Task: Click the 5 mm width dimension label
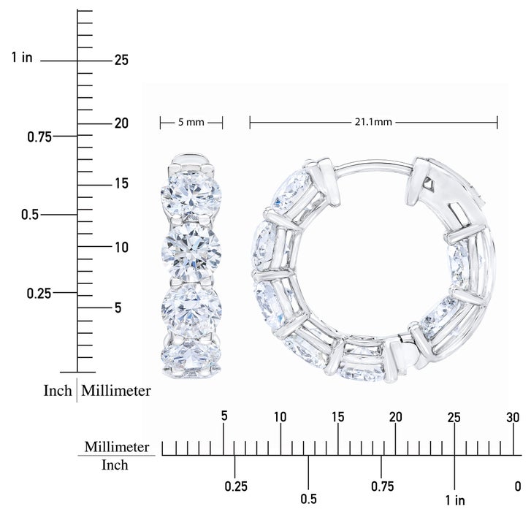[191, 122]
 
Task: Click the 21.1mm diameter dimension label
[373, 121]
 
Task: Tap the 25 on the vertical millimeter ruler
[121, 61]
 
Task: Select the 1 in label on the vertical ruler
[22, 57]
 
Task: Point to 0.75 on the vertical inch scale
[39, 137]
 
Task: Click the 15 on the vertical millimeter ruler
[121, 183]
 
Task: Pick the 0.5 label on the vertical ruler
[30, 215]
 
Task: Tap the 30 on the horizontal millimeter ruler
[513, 418]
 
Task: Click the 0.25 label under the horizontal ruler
[236, 486]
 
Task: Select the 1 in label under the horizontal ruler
[455, 500]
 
